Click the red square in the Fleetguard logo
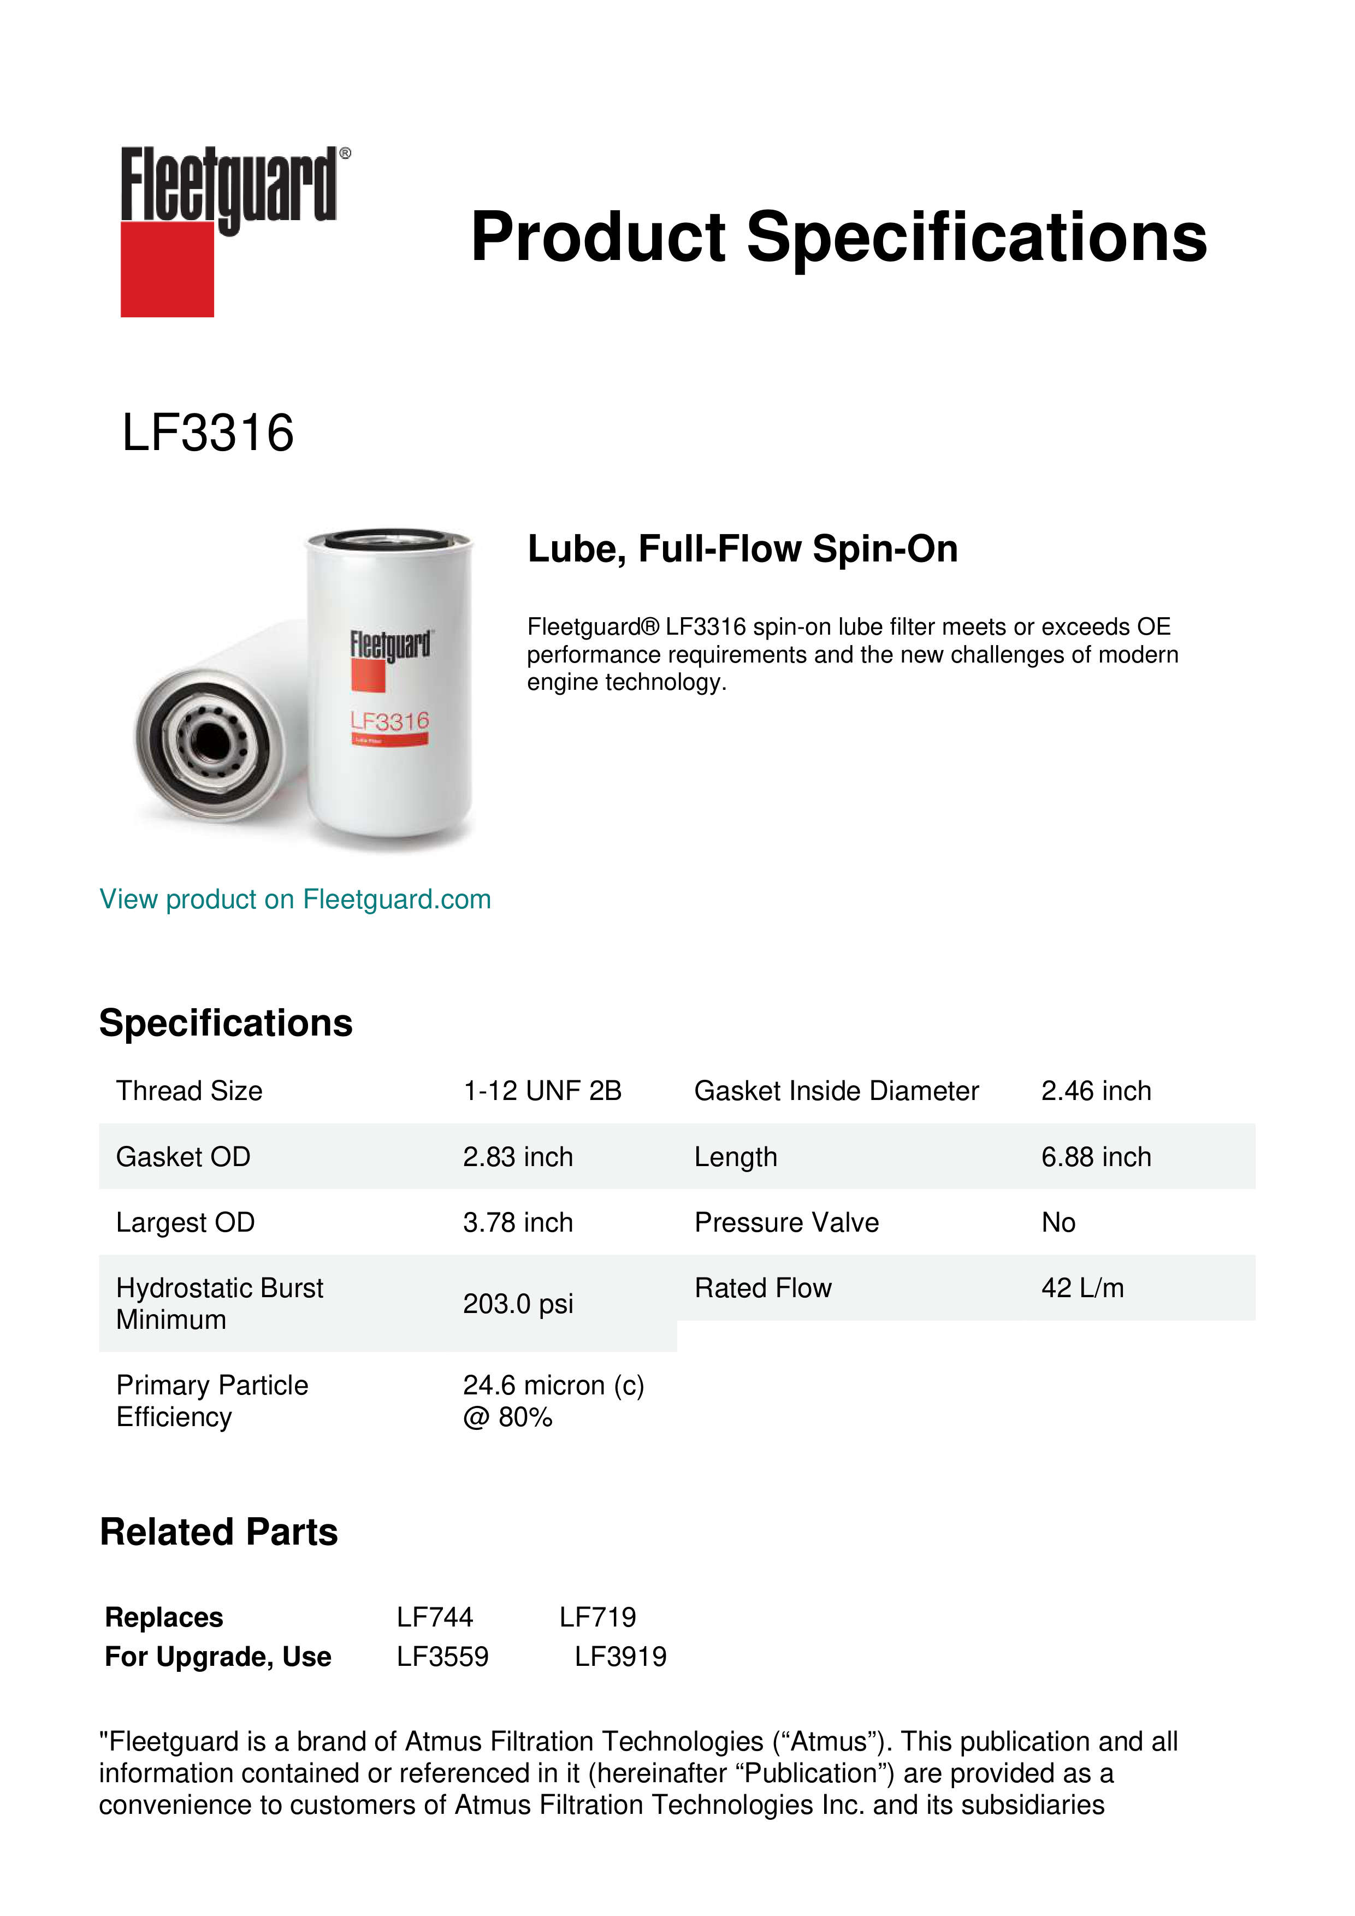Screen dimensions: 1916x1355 167,269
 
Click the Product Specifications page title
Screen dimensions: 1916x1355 838,237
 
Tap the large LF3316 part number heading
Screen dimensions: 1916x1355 208,433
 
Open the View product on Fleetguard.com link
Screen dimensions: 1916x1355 294,899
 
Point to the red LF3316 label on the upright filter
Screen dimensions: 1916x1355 389,720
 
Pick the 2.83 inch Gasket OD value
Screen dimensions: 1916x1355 517,1157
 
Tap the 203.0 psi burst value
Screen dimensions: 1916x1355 517,1304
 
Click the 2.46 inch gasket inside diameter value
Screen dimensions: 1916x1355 1096,1091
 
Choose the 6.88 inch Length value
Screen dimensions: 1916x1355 1096,1157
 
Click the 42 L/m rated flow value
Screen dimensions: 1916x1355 1082,1288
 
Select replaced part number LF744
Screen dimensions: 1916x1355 435,1617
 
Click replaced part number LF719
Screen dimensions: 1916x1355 597,1617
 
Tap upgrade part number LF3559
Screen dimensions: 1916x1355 442,1657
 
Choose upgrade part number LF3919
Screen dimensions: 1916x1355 620,1657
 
